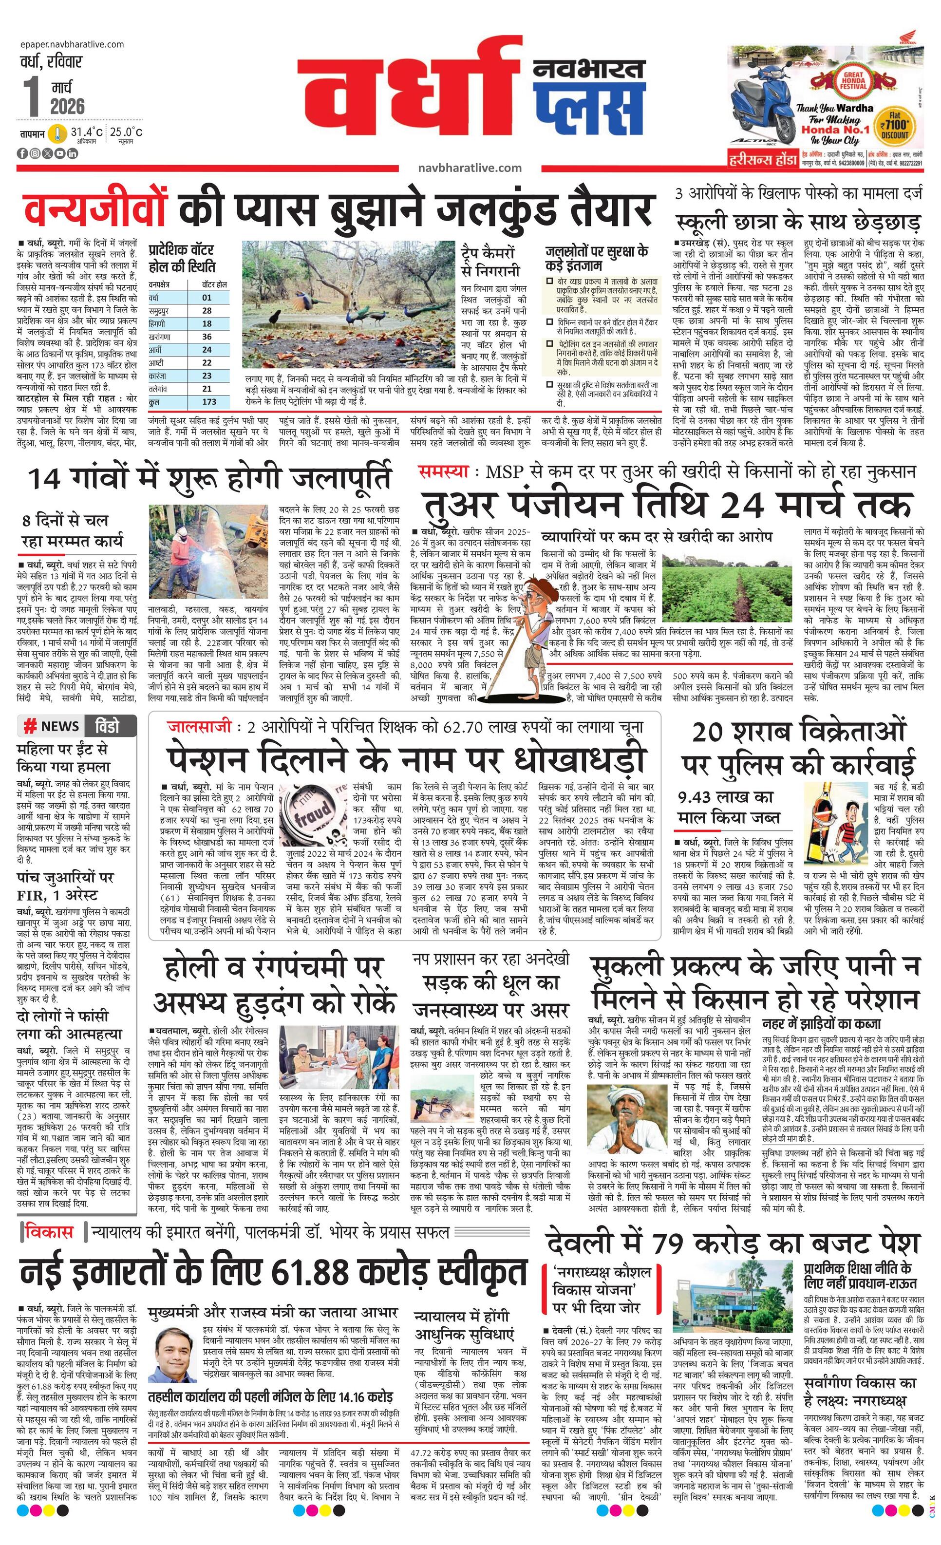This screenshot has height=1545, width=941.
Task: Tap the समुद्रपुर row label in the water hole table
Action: tap(159, 310)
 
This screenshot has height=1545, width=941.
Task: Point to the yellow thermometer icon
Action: tap(58, 133)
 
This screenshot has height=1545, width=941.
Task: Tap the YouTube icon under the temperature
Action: tap(59, 153)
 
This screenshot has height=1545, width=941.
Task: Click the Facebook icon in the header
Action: tap(22, 153)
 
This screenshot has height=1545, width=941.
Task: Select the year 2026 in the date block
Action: tap(68, 106)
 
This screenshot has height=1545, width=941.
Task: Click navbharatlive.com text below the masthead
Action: tap(470, 168)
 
